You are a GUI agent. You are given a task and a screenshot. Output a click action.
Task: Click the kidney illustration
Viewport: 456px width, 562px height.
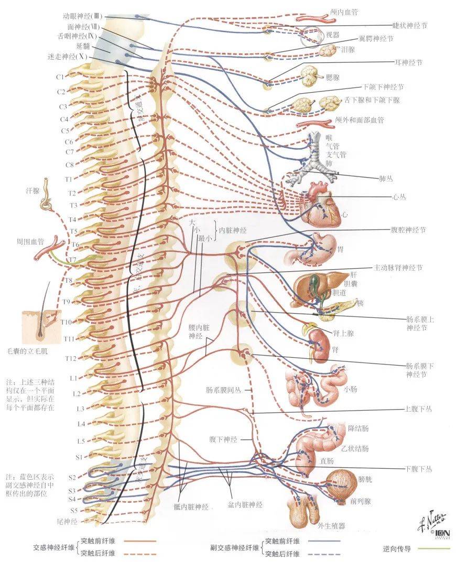point(319,343)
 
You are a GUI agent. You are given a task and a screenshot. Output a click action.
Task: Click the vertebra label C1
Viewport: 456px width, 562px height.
point(60,77)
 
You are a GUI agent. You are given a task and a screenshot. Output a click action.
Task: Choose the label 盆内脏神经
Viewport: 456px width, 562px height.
point(245,504)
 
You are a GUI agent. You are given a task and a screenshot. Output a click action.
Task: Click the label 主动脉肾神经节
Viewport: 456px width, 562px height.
point(398,268)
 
